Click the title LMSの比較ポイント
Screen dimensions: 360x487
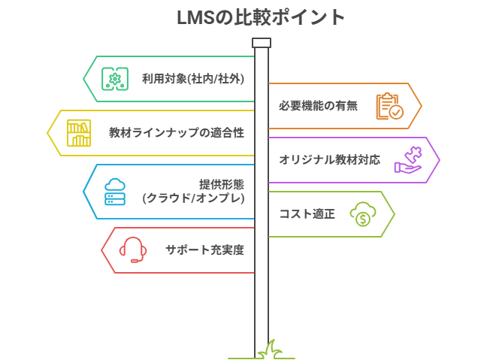coord(261,17)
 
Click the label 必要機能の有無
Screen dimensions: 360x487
coord(317,106)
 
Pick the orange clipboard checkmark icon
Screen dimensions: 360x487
coord(389,106)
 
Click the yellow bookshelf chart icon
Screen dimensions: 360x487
coord(79,133)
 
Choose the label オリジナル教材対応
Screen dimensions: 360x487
coord(329,160)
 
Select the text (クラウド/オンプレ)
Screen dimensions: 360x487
coord(193,198)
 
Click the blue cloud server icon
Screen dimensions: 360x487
coord(115,192)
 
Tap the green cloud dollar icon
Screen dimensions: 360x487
coord(362,214)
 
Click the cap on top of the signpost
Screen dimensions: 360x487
coord(261,42)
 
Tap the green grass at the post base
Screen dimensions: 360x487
coord(268,349)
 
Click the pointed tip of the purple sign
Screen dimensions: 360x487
coord(439,160)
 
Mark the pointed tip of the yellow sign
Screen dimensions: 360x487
coord(48,133)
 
